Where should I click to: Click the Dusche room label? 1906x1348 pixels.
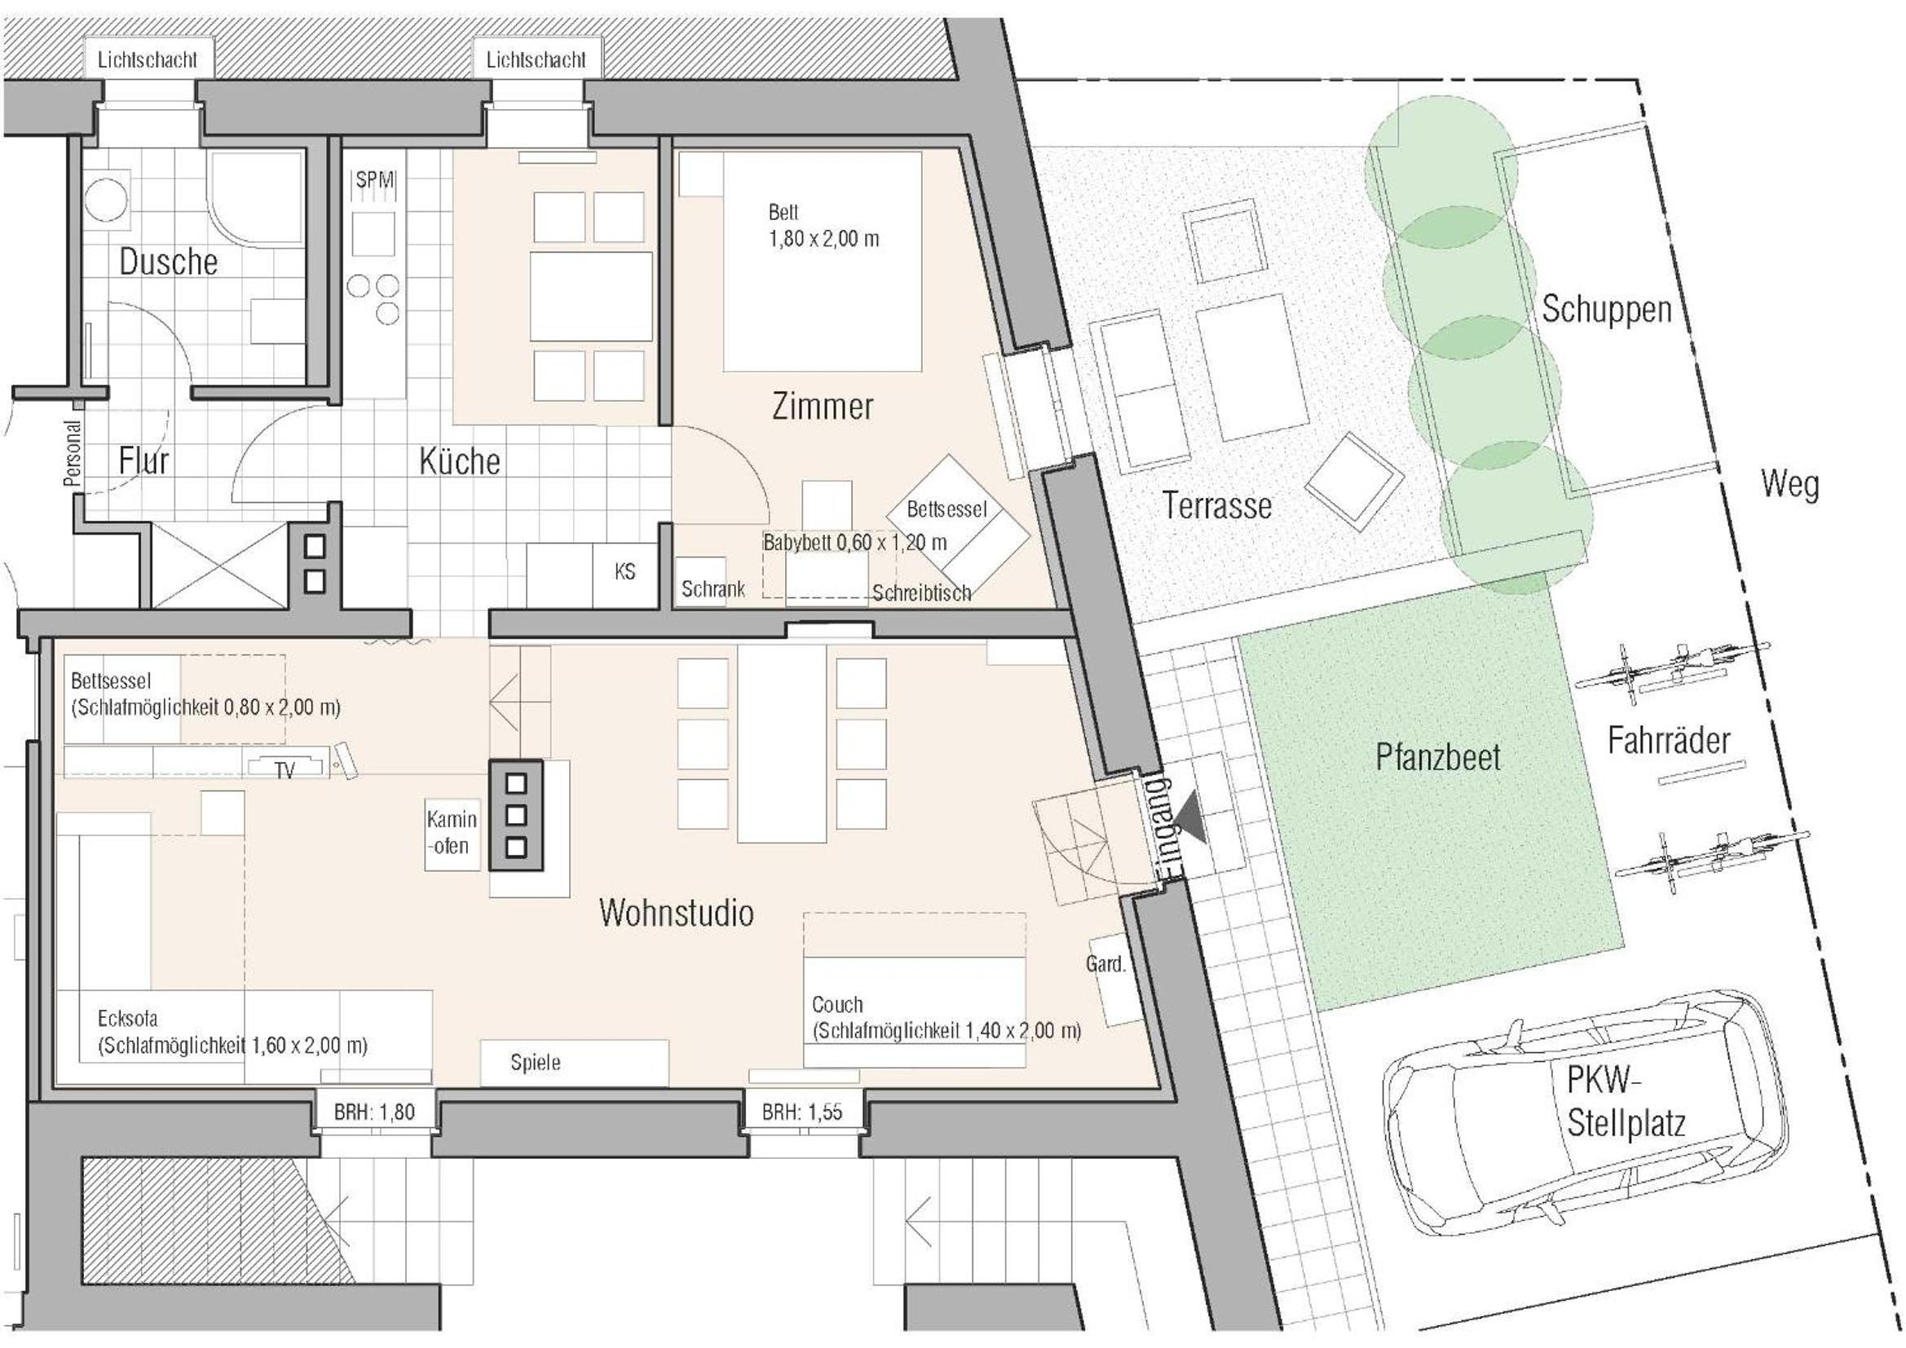[169, 262]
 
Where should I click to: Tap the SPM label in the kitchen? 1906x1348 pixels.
[375, 179]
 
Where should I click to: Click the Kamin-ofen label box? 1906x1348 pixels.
[452, 834]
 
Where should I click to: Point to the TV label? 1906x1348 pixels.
[285, 771]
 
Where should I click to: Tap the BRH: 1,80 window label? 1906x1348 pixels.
[374, 1112]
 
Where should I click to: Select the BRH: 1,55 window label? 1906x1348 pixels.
[802, 1112]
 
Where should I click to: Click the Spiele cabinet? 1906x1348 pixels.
[575, 1062]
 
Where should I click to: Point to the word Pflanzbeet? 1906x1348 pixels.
[1438, 757]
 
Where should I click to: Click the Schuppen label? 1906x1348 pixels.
[1606, 310]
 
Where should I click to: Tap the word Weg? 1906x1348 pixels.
[1789, 485]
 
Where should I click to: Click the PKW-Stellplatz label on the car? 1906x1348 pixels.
[1626, 1103]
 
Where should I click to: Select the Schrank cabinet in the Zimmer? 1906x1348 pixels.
[712, 581]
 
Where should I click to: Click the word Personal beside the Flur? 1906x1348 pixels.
[73, 453]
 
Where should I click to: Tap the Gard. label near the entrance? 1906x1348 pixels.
[1105, 963]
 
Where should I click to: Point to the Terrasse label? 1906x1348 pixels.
[1217, 505]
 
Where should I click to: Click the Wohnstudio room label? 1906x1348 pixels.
[676, 913]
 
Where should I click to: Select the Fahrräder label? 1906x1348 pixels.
[1669, 740]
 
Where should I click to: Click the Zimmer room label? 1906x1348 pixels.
[823, 407]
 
